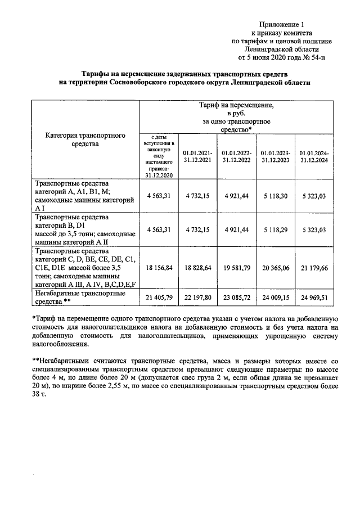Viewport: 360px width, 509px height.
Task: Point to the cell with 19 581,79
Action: pos(236,269)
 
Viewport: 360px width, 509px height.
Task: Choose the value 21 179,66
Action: pos(314,269)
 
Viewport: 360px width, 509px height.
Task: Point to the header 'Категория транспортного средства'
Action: pos(85,139)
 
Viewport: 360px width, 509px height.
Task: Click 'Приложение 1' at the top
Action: pos(281,24)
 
